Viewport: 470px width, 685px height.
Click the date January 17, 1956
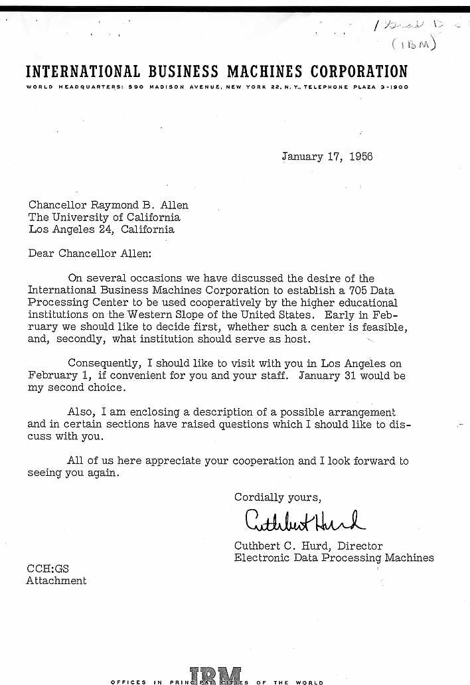coord(327,157)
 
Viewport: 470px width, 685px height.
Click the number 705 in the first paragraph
coord(360,290)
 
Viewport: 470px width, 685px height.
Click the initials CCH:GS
coord(47,569)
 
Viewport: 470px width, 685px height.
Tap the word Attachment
coord(56,581)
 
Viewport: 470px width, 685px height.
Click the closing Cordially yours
coord(277,497)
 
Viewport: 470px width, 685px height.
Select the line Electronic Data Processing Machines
coord(334,558)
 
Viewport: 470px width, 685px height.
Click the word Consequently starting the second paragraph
coord(102,364)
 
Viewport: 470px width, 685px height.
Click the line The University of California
coord(104,218)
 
